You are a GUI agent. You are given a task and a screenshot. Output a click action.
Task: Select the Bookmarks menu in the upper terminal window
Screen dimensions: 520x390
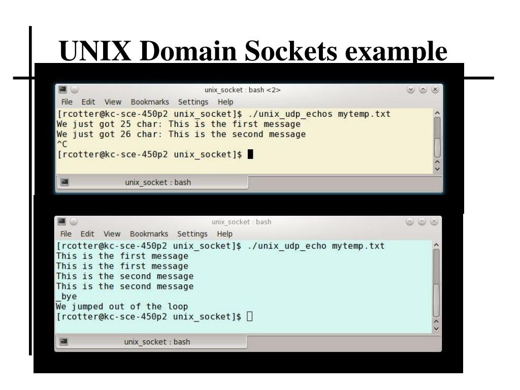[150, 102]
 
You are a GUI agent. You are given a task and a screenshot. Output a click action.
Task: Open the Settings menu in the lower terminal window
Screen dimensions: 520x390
[192, 234]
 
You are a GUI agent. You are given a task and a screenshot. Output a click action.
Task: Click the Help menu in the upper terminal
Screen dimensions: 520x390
[225, 102]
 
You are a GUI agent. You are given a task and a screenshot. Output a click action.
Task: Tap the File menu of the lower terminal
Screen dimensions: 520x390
[66, 234]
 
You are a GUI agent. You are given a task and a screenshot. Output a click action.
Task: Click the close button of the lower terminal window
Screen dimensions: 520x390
[434, 222]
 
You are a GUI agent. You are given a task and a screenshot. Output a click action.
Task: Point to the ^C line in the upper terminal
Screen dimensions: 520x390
[63, 145]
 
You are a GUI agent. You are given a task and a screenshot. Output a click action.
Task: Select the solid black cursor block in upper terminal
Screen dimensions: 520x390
[250, 155]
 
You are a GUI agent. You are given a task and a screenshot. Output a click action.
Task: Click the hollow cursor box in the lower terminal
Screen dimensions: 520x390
[249, 317]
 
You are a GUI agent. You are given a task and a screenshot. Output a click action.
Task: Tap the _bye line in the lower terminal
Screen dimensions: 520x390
[66, 297]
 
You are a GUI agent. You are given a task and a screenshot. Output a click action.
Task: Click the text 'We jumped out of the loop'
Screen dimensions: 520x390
[122, 307]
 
